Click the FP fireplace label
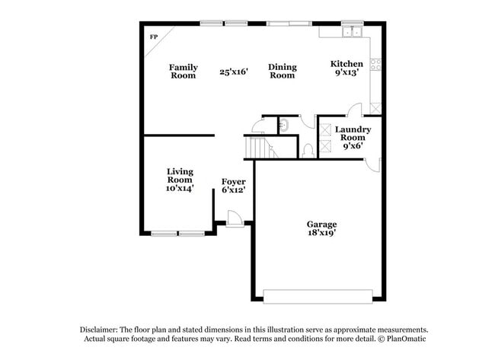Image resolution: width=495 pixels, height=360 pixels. pos(153,37)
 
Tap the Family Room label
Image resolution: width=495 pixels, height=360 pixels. pos(183,71)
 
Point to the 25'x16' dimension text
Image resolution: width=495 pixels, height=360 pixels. pos(234,72)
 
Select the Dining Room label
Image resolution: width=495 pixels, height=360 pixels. pos(282,71)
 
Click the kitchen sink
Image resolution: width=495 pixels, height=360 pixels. pos(351,33)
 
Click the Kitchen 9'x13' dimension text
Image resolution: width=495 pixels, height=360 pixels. pos(346,74)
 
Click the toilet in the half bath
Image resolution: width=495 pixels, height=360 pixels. pos(308,148)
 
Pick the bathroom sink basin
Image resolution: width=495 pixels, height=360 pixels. pos(283,124)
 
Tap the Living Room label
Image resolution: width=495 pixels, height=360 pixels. pos(180,176)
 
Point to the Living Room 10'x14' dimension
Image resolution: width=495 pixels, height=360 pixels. pos(180,187)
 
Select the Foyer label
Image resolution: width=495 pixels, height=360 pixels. pos(233,182)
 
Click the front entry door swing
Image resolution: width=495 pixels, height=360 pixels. pos(235,218)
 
